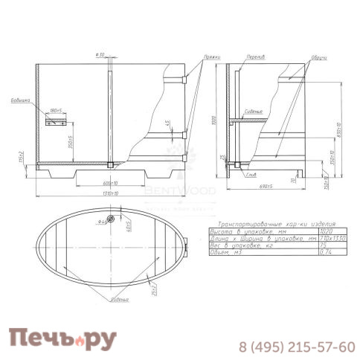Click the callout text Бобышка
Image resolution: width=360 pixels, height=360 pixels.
(22, 100)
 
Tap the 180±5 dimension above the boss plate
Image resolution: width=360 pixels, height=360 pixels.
(55, 110)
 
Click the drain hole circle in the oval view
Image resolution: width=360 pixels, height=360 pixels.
(109, 219)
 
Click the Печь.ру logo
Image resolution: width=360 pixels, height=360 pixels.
(62, 339)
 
